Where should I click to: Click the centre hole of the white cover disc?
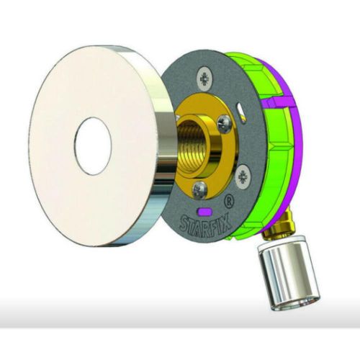coord(94,145)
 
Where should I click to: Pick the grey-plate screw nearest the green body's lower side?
coord(243,172)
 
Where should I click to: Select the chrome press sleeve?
coord(288,275)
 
